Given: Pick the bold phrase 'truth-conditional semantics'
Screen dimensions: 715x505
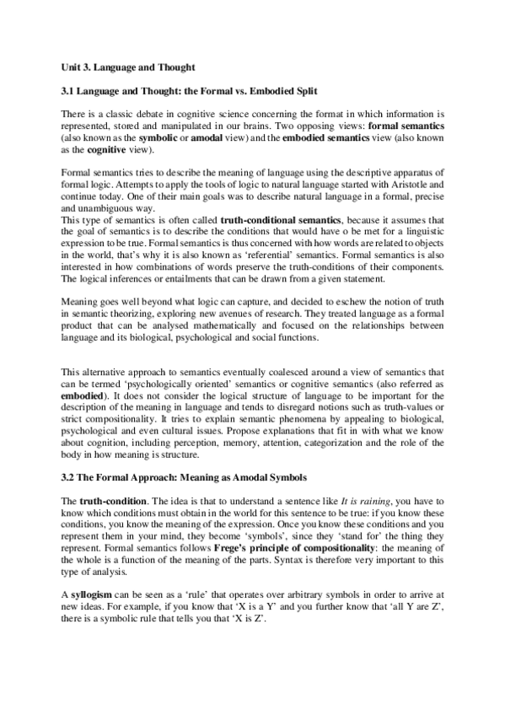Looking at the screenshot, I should pos(281,219).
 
